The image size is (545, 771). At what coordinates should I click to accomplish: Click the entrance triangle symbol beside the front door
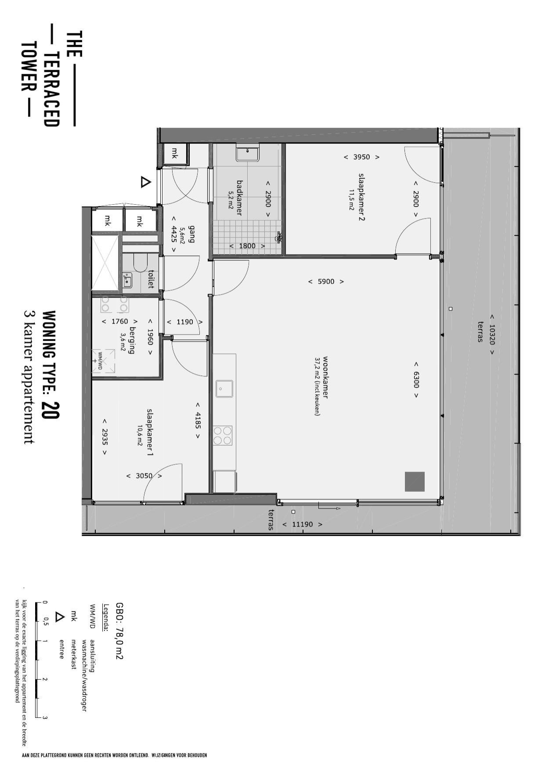tap(145, 182)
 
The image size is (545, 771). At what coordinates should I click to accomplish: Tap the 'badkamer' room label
tap(239, 198)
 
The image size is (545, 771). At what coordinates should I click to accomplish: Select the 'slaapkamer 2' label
tap(361, 197)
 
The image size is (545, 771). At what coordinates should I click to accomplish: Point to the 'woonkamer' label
tap(325, 377)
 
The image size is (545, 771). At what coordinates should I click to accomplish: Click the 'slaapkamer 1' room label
tap(150, 433)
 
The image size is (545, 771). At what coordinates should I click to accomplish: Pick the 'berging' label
tap(131, 340)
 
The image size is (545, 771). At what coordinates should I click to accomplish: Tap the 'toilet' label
tap(152, 279)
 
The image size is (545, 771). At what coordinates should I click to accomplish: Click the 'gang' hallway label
tap(191, 234)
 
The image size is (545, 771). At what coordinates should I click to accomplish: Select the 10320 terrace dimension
tap(492, 334)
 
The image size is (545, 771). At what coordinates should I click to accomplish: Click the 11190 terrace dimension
tap(302, 524)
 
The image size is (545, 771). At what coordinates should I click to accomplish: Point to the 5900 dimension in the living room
tap(326, 281)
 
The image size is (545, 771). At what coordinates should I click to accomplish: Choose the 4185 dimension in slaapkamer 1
tap(198, 420)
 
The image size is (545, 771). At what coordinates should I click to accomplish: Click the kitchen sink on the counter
tap(224, 389)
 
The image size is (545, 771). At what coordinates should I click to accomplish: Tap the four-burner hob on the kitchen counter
tap(223, 435)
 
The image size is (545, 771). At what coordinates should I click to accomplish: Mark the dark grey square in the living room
tap(415, 482)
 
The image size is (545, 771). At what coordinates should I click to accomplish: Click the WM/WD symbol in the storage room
tap(103, 362)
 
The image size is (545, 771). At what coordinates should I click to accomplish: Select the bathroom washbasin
tap(248, 154)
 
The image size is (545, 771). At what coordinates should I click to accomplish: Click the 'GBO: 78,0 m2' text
tap(119, 630)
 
